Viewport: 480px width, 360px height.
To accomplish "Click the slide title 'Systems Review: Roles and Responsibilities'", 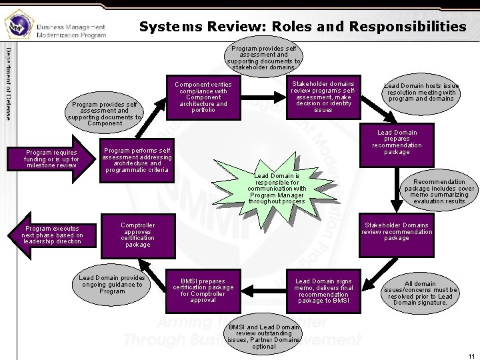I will coord(303,27).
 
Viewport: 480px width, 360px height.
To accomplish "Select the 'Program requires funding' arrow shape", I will coord(53,159).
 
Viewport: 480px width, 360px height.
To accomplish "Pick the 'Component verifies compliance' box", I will coord(203,97).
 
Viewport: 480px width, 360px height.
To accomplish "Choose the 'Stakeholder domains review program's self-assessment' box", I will coord(323,97).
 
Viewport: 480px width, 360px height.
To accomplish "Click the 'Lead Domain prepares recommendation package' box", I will coord(397,143).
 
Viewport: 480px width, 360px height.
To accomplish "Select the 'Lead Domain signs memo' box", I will coord(323,291).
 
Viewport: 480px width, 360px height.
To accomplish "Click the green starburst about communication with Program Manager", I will coord(276,189).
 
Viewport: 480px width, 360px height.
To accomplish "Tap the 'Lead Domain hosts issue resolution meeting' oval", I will coord(421,93).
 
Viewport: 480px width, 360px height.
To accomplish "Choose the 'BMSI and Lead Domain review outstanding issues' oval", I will coord(264,337).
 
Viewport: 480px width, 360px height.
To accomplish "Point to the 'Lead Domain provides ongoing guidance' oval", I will coord(111,285).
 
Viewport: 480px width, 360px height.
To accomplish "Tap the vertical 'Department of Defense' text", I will coord(8,83).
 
